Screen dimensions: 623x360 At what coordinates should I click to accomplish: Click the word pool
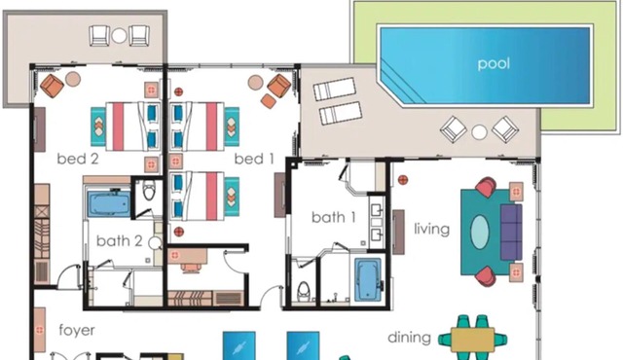(x=494, y=63)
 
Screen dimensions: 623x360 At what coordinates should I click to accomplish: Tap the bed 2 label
(x=78, y=159)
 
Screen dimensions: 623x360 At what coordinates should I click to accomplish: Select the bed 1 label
(x=254, y=159)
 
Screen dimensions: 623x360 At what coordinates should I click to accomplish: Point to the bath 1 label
(x=333, y=217)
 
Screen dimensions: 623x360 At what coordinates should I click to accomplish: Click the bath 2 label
(x=119, y=241)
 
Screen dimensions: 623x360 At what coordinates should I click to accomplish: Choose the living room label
(x=432, y=229)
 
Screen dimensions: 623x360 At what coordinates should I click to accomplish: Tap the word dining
(x=409, y=338)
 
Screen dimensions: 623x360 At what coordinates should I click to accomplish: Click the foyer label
(x=77, y=330)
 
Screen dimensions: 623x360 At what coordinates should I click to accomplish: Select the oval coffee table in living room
(x=480, y=232)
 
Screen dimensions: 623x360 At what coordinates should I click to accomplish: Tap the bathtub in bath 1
(x=368, y=279)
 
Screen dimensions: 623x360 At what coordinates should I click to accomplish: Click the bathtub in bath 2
(x=108, y=204)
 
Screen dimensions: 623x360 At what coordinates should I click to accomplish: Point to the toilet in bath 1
(x=304, y=291)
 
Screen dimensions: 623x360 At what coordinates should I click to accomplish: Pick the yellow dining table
(x=473, y=340)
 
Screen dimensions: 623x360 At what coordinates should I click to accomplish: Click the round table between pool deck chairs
(x=479, y=132)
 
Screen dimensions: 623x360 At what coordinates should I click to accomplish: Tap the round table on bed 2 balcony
(x=119, y=36)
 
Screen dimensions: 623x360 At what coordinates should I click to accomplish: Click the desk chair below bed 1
(x=192, y=268)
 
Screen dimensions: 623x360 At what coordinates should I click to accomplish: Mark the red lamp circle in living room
(x=403, y=180)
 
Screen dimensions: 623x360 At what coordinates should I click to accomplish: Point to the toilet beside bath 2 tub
(x=149, y=191)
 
